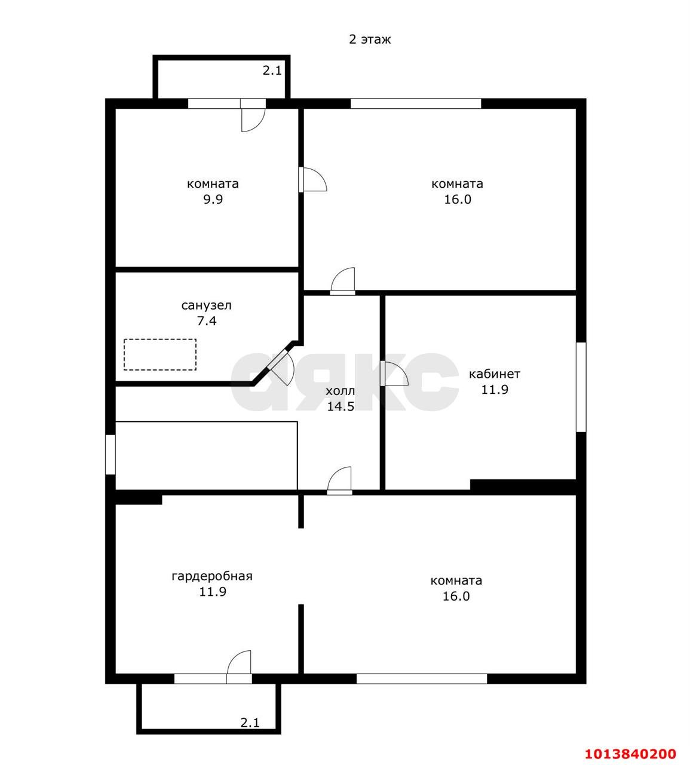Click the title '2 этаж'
point(369,39)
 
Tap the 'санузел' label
point(206,305)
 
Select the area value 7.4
point(206,321)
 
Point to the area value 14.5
point(341,406)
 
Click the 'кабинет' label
point(494,374)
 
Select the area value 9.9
point(213,200)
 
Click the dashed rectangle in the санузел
point(160,354)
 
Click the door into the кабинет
point(394,374)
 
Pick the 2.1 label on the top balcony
point(272,71)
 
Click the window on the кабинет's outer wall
point(581,387)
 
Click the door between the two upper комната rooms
point(312,179)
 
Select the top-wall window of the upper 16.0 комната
point(416,103)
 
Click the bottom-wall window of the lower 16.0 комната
point(422,679)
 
